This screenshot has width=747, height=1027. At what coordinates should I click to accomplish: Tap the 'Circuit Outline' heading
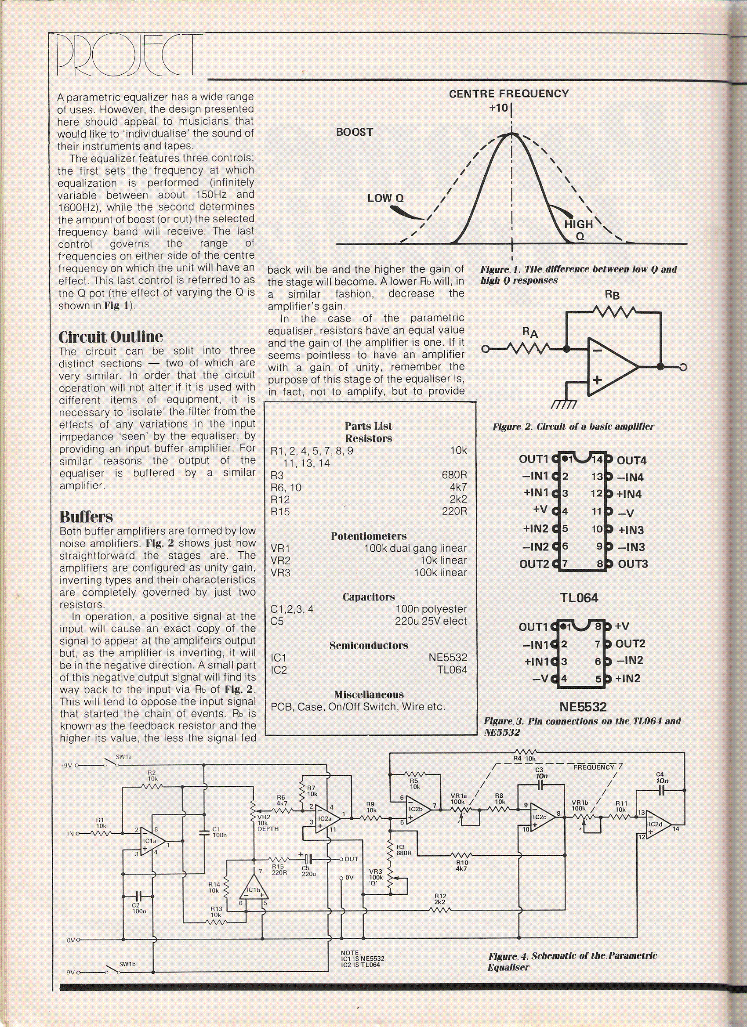(111, 337)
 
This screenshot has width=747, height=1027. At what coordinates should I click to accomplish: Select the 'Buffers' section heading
(86, 517)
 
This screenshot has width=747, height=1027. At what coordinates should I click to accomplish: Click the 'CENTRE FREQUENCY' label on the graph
(509, 94)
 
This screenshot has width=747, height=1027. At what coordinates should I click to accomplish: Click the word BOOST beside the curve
(354, 132)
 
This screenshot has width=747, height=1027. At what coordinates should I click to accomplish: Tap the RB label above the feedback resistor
(613, 295)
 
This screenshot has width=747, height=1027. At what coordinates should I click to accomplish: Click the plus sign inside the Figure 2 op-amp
(597, 380)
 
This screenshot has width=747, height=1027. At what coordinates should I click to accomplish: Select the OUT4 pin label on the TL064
(632, 460)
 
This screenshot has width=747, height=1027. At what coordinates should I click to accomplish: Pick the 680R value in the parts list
(454, 475)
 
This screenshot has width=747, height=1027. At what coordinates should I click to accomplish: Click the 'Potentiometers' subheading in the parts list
(368, 536)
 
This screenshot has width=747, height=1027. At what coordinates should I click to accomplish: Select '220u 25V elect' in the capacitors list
(431, 621)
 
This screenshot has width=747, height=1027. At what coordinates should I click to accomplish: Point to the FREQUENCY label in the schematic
(594, 767)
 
